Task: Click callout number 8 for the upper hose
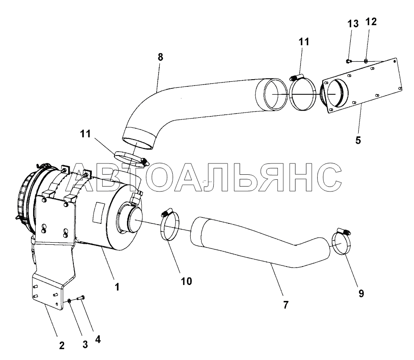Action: click(160, 57)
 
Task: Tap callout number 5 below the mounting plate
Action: click(358, 140)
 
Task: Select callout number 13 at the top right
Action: click(353, 24)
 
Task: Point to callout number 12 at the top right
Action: click(371, 22)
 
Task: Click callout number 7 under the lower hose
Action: click(286, 305)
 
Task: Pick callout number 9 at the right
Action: click(361, 293)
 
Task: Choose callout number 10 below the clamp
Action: click(186, 281)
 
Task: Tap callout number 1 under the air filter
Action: click(117, 287)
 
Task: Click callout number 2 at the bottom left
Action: click(62, 345)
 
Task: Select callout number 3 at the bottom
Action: click(85, 344)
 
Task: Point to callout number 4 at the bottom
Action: click(98, 339)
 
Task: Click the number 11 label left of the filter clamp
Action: click(85, 134)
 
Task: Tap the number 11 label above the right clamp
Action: click(304, 42)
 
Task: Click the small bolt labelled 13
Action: click(348, 61)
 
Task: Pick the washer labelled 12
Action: click(366, 61)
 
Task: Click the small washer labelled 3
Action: click(69, 300)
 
